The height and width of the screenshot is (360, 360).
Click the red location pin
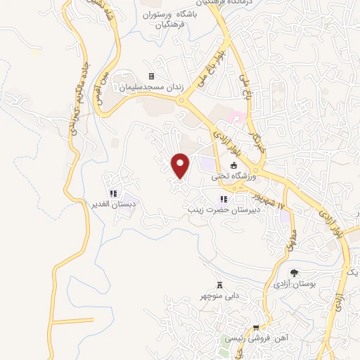(181, 165)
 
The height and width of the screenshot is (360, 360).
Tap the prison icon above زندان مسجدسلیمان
(150, 76)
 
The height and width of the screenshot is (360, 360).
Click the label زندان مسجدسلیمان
(151, 87)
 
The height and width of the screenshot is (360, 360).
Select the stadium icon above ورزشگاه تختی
(233, 165)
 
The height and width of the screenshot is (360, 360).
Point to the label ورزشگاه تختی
(233, 176)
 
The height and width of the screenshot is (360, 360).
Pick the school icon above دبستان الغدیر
(113, 194)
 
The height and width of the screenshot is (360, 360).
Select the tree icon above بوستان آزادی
(294, 272)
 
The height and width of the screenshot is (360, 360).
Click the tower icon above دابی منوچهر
(221, 285)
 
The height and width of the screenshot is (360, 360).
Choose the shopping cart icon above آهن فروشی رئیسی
(256, 328)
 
